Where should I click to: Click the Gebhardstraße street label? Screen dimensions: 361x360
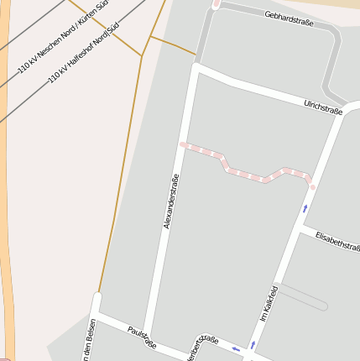pos(288,18)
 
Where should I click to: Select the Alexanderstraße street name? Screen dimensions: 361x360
pos(172,201)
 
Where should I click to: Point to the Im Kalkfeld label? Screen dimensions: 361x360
pos(269,303)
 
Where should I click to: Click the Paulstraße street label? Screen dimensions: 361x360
pos(141,337)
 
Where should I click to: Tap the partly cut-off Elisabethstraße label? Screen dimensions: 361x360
pos(337,241)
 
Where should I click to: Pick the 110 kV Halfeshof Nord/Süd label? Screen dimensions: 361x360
pos(83,52)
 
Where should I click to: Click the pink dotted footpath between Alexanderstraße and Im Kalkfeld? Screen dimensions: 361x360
pos(248,174)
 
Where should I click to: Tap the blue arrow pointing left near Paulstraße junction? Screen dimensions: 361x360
pos(237,348)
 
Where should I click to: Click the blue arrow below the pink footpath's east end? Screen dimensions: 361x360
pos(305,207)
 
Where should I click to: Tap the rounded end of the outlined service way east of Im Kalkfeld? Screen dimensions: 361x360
pos(326,306)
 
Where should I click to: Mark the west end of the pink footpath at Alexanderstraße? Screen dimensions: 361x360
pos(183,145)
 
